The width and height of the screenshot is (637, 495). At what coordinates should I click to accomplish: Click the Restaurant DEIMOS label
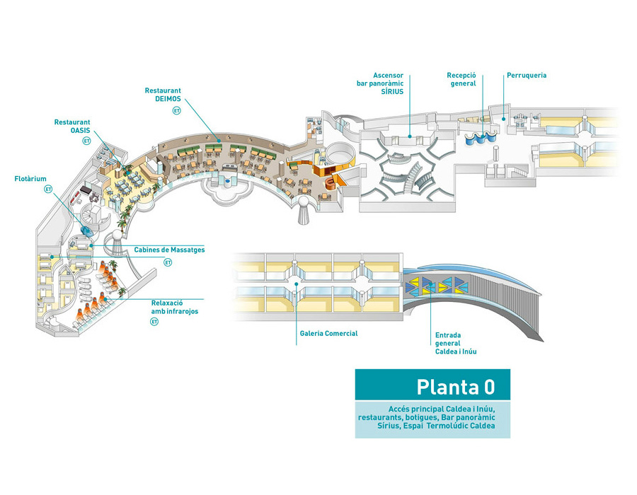[163, 95]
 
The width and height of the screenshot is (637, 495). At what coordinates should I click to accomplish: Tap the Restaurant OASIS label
[72, 126]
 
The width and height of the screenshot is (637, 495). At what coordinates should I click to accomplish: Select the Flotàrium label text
[31, 179]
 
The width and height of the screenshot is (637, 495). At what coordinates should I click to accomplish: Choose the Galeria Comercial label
[329, 333]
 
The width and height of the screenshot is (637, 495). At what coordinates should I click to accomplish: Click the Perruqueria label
[526, 75]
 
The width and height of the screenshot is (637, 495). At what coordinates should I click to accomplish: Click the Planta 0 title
[455, 387]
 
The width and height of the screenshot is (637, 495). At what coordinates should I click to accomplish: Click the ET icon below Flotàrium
[49, 190]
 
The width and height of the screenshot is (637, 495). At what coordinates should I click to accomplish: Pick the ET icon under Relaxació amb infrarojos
[154, 322]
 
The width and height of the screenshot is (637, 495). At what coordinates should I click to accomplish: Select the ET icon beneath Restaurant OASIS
[86, 141]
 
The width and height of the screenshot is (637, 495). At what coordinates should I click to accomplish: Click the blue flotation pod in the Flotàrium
[86, 230]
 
